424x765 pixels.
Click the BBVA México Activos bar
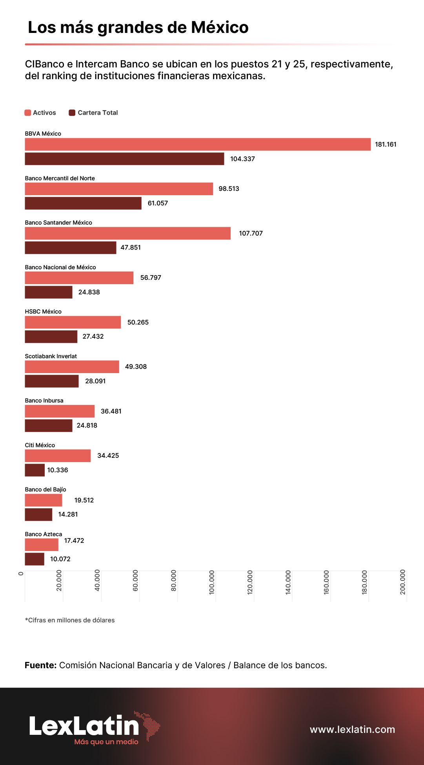198,144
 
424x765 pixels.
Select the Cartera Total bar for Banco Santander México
71,248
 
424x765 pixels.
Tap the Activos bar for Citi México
58,456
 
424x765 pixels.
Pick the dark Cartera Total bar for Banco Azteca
35,559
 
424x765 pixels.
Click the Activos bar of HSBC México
73,322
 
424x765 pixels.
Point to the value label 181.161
386,144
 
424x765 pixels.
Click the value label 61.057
158,203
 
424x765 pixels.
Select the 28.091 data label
95,381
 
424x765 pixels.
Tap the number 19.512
84,500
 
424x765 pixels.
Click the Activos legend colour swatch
28,113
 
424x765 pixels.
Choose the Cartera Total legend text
98,113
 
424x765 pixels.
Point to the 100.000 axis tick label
212,582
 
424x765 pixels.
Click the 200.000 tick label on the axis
403,582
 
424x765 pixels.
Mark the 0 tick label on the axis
21,573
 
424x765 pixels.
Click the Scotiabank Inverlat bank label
51,356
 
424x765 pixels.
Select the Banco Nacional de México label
60,267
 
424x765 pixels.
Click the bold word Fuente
41,665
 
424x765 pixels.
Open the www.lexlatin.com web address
352,729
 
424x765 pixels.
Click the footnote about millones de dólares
70,620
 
